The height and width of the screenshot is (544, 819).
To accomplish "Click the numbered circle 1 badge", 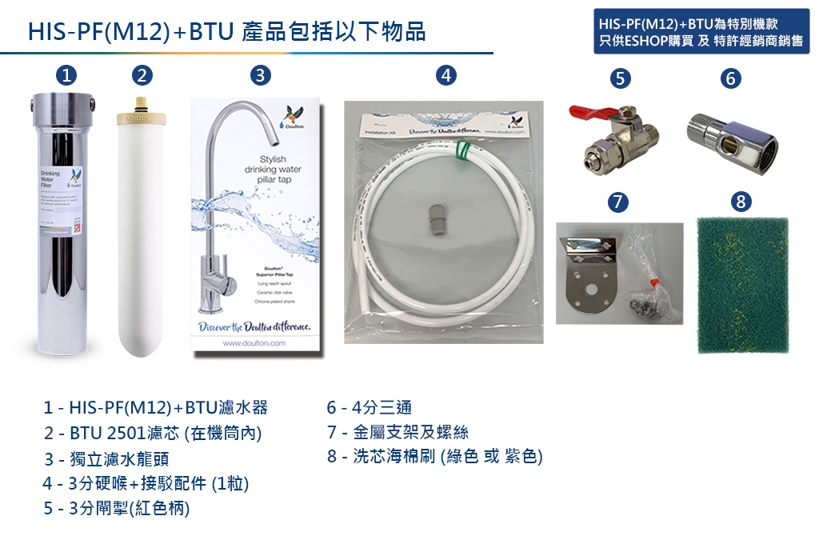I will click(66, 76).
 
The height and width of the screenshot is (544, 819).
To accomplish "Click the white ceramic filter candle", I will click(142, 236).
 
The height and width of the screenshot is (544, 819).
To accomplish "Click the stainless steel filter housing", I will click(64, 224).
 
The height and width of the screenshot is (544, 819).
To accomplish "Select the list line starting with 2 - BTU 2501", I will click(154, 433).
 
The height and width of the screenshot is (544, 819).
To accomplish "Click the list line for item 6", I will click(369, 407).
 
